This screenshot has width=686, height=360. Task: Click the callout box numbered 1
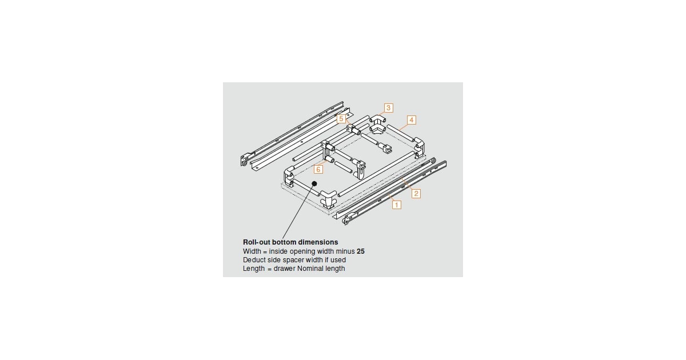click(397, 204)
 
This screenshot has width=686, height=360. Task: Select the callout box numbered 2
click(416, 193)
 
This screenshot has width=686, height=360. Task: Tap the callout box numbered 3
click(388, 107)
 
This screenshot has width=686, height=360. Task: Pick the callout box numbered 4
click(411, 120)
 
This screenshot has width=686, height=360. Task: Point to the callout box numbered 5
click(341, 119)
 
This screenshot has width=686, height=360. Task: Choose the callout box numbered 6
click(318, 169)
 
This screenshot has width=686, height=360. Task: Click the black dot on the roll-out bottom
click(314, 183)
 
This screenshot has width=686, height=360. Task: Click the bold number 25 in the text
click(361, 251)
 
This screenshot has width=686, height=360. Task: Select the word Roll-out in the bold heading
click(257, 242)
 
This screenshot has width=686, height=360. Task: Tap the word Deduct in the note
click(254, 260)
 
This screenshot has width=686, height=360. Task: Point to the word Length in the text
click(254, 269)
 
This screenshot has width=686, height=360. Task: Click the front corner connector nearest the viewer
click(329, 199)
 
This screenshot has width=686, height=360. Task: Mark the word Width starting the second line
click(252, 251)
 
